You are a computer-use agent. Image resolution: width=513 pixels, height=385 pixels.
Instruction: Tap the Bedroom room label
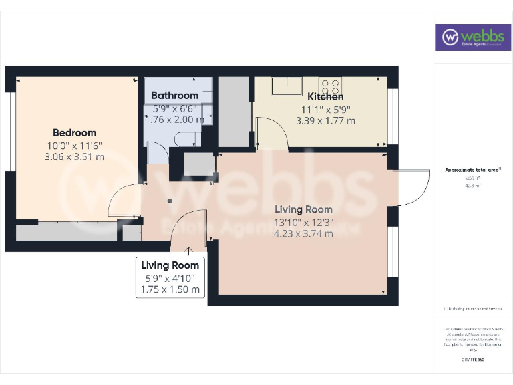point(74,132)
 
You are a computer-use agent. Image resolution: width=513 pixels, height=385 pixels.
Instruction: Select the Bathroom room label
point(174,96)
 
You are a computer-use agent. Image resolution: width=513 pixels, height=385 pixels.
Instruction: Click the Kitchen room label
point(325,97)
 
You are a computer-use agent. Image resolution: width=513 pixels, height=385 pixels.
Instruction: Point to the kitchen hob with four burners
point(330,86)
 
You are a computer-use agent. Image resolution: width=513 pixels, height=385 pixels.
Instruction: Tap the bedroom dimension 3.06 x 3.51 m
point(74,157)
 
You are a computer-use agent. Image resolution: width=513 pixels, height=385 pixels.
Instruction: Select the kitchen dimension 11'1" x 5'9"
point(325,109)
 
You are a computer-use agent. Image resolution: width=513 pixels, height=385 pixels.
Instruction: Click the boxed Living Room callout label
point(170,265)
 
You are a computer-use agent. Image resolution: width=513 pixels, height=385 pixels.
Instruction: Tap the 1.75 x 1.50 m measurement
point(170,289)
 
